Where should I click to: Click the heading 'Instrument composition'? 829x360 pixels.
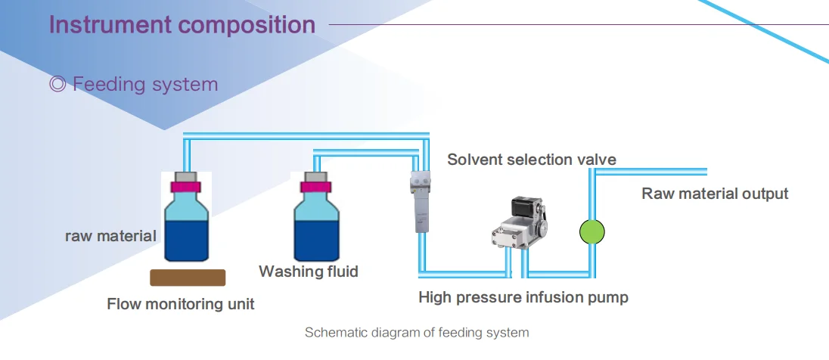182,24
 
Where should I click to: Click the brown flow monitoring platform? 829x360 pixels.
188,278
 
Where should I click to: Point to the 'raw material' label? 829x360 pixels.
110,236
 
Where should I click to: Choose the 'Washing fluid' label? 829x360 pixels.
309,271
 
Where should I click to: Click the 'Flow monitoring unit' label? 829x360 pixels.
181,305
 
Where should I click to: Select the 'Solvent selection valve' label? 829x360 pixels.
531,160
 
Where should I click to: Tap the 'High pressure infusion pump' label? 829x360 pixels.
523,297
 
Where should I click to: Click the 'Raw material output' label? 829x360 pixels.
715,194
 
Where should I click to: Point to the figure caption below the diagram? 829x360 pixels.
417,333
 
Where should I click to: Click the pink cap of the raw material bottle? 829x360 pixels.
186,186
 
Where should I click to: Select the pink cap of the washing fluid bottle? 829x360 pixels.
315,186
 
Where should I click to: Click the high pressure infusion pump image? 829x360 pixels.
523,225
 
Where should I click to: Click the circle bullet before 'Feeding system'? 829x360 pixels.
57,85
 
